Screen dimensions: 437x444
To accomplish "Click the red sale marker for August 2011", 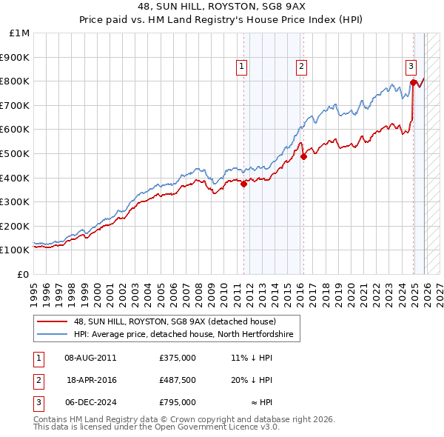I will click(x=243, y=184).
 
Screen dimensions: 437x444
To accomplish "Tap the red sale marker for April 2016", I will click(x=303, y=156).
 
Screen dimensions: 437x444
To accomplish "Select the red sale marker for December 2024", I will click(x=413, y=82).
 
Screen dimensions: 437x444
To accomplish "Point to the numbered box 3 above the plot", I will click(x=411, y=66).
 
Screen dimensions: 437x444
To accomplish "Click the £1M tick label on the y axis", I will click(x=20, y=33).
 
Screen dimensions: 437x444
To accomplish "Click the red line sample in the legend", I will click(x=53, y=322).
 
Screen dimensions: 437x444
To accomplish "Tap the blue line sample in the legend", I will click(x=53, y=335).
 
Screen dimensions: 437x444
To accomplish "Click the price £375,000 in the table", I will click(x=178, y=357).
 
